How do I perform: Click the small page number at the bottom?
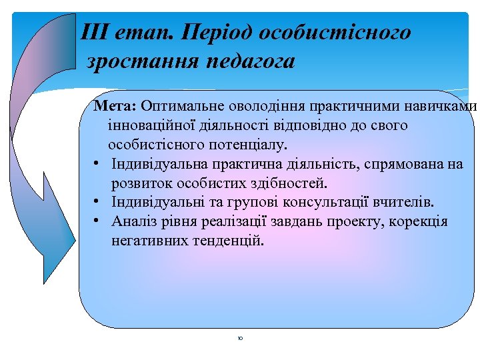(x=240, y=339)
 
